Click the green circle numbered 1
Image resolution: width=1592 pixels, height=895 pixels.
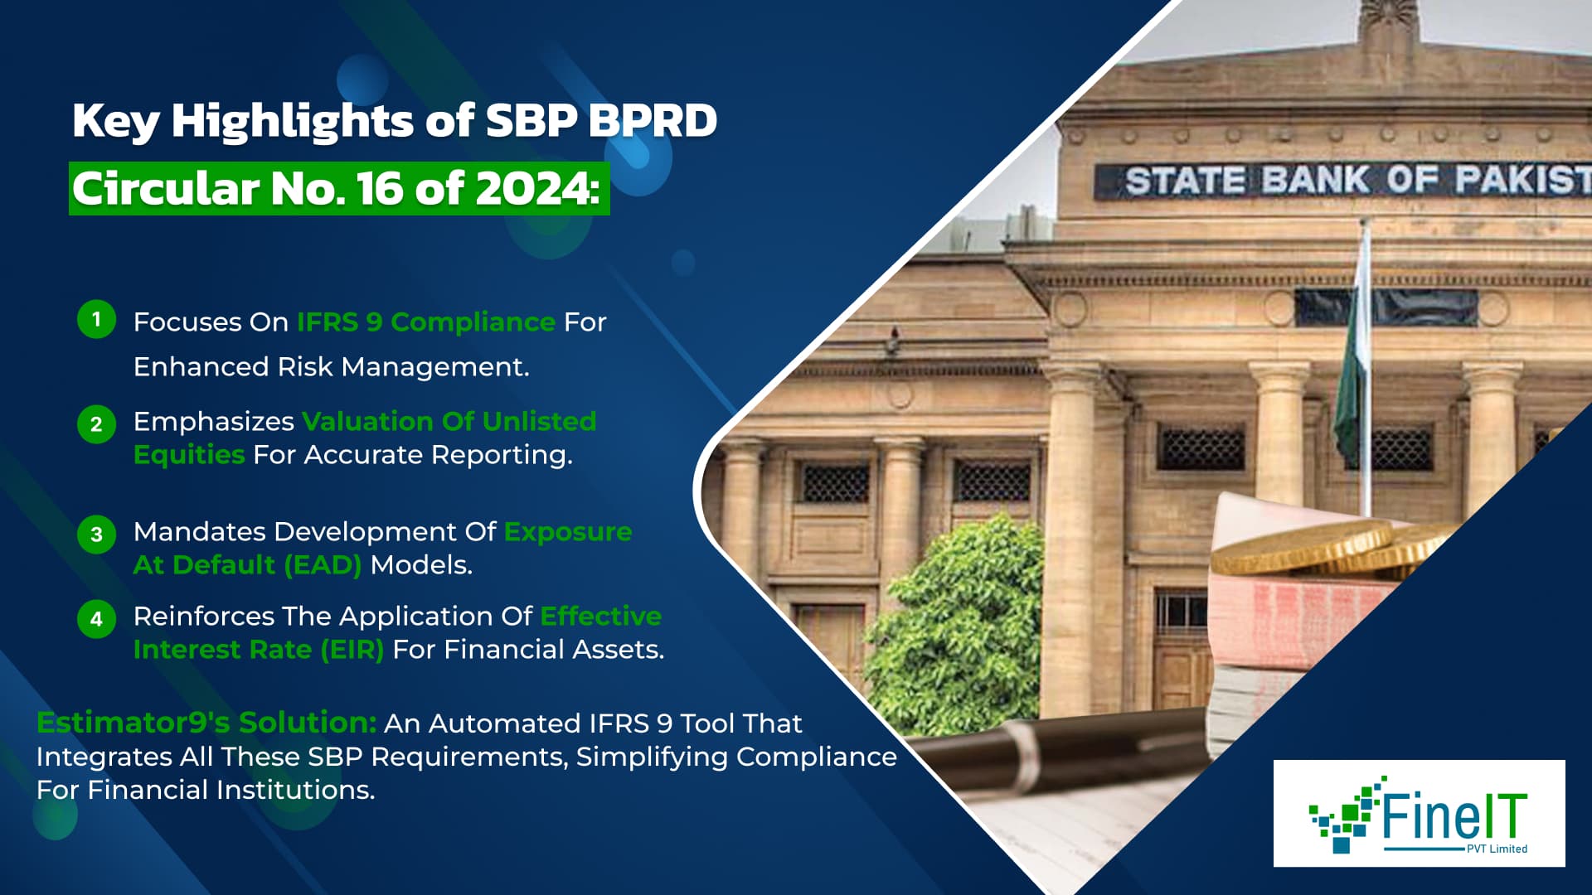point(96,319)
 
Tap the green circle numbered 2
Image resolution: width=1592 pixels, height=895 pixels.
point(96,424)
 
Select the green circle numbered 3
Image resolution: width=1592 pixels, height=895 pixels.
point(96,535)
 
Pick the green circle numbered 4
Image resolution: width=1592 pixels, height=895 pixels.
point(96,619)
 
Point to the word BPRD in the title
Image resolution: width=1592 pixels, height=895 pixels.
point(653,121)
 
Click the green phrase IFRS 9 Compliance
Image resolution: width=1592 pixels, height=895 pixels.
point(425,322)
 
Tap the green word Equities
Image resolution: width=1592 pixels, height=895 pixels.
point(188,455)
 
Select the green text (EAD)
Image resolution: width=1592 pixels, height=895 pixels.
point(322,565)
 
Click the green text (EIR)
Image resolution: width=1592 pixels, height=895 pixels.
point(352,650)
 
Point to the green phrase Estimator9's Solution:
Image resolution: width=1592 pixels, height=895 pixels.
point(206,723)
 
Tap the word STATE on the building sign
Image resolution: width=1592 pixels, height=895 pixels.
point(1184,181)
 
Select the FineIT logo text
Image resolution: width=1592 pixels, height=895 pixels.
point(1453,816)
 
